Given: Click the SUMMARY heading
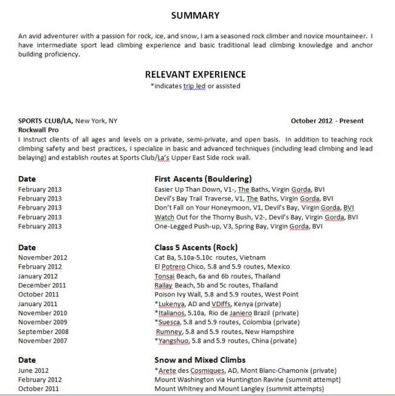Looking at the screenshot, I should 195,15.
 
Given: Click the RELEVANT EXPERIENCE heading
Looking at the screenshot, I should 195,74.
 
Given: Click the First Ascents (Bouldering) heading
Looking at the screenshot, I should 203,179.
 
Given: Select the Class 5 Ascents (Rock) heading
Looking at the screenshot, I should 196,247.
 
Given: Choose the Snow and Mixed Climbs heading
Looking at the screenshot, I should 200,360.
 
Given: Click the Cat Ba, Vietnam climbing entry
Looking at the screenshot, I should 210,257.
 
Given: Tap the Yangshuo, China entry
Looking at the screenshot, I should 225,341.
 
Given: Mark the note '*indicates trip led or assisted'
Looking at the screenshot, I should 195,86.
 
